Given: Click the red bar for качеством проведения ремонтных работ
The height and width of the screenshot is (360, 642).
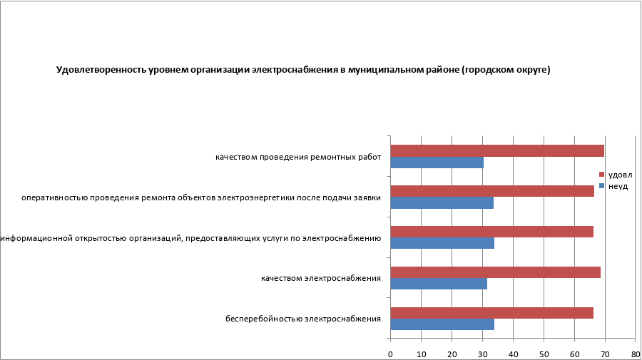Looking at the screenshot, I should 497,150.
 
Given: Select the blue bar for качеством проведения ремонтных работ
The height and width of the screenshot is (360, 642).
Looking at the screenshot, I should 437,163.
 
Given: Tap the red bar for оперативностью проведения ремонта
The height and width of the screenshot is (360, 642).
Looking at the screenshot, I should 492,191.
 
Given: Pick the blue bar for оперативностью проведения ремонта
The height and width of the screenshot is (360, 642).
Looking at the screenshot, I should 442,203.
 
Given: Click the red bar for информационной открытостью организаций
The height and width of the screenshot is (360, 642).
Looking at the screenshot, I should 492,232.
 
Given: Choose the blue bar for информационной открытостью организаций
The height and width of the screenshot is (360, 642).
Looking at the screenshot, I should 442,243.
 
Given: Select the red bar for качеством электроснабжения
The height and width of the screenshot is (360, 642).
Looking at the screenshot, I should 496,272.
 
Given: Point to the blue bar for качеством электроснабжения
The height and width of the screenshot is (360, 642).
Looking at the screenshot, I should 439,284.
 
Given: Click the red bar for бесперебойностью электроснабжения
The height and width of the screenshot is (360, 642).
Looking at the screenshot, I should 492,313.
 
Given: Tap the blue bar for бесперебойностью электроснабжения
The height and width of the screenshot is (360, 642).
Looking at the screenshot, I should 442,324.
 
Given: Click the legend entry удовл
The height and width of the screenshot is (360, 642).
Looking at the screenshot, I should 619,175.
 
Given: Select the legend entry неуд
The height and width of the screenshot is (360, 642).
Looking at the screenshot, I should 617,185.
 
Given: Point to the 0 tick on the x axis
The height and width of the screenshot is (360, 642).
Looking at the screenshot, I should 390,354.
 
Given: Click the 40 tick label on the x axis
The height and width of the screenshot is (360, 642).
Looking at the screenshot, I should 513,354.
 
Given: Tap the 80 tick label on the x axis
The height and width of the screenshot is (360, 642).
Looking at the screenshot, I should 635,354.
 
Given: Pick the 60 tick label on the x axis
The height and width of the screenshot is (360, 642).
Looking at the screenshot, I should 574,354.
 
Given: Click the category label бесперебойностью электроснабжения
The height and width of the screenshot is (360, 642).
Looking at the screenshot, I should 303,319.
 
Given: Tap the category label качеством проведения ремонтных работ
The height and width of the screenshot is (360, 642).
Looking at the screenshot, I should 298,157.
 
